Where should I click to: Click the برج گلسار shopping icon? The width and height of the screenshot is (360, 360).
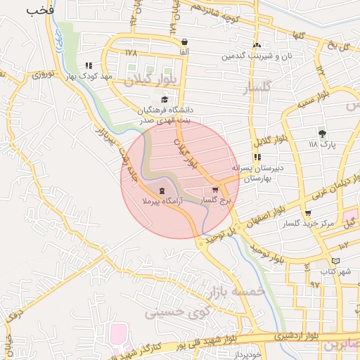[215, 190]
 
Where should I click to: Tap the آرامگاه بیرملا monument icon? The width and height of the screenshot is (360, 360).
[163, 191]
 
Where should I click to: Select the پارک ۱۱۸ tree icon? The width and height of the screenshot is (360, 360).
[322, 134]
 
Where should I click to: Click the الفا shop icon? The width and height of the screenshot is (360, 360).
[184, 42]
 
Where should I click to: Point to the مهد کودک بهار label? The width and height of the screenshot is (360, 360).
[89, 75]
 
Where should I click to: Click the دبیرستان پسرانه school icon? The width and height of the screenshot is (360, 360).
[257, 157]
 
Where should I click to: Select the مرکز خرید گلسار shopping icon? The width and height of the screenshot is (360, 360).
[308, 213]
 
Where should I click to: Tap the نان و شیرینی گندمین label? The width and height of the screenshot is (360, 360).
[256, 55]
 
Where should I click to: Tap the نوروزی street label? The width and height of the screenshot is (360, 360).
[40, 75]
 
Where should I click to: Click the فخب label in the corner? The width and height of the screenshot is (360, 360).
[41, 11]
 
